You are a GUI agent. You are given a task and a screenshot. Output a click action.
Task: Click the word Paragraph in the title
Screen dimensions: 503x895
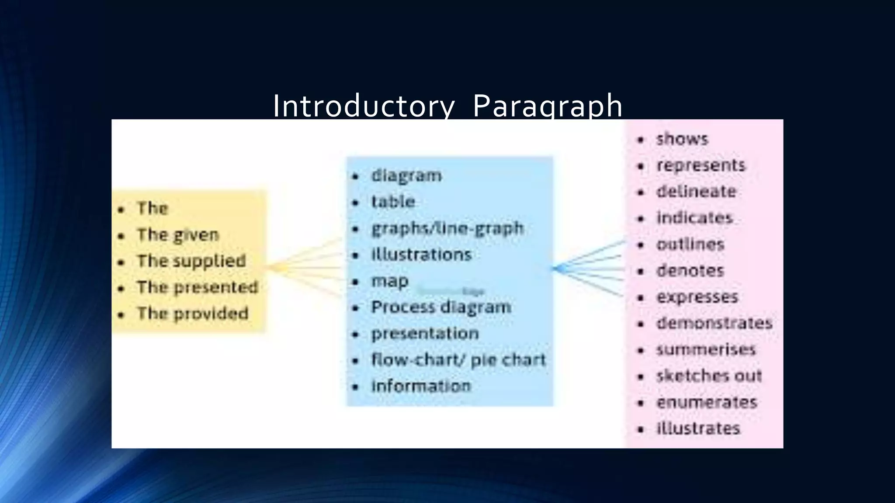click(548, 106)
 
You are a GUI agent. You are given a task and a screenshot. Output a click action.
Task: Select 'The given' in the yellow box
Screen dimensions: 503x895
click(178, 235)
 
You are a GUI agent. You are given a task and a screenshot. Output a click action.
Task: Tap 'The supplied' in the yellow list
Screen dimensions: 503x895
click(191, 261)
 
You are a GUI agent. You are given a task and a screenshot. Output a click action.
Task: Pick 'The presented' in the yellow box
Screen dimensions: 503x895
click(198, 287)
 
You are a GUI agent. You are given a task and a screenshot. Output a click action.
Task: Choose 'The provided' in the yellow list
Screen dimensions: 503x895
click(193, 314)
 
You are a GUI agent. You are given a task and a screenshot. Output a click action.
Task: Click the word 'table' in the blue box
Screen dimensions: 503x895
click(393, 202)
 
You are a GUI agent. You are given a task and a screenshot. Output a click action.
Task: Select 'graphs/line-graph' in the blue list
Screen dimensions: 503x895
click(447, 228)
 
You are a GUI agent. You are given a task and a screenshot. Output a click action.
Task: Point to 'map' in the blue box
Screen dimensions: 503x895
click(390, 281)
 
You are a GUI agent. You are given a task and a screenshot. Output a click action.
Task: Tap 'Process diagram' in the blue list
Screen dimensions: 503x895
click(441, 307)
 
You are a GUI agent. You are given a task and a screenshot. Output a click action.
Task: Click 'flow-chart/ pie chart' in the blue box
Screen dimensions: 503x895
click(458, 360)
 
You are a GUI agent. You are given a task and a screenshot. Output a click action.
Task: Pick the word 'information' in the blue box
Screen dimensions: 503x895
click(421, 386)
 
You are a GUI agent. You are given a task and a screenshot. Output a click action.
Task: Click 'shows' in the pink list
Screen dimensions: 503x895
click(682, 139)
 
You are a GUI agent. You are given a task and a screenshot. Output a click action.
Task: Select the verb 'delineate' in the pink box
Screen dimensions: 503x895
click(696, 192)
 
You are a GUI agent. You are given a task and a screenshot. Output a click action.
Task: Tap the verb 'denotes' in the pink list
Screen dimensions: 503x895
click(690, 271)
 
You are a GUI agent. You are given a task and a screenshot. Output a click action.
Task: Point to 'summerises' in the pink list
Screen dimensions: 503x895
click(706, 350)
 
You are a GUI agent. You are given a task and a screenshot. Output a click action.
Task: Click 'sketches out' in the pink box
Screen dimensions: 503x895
click(709, 376)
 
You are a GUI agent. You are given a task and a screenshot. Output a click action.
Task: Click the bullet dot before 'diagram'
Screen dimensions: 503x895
click(356, 176)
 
